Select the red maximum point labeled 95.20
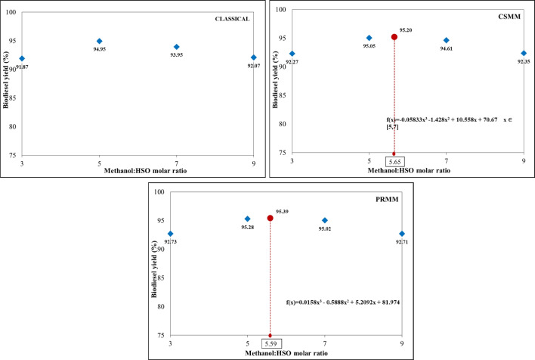(x=394, y=37)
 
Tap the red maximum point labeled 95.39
(x=270, y=218)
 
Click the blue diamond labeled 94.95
(x=99, y=41)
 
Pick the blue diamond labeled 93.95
(x=177, y=47)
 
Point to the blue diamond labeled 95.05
(x=369, y=38)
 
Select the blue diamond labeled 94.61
(x=446, y=40)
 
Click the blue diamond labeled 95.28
(x=247, y=219)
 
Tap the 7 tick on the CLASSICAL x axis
(x=177, y=163)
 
